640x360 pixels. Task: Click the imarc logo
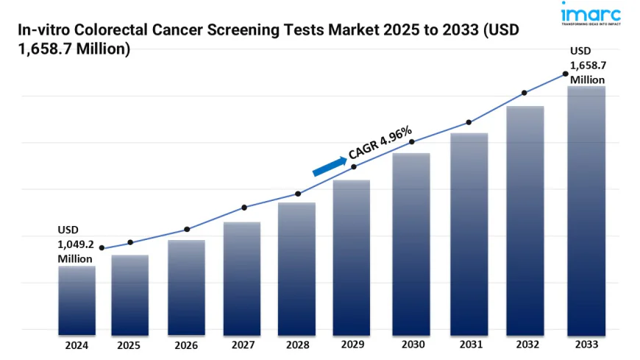click(590, 15)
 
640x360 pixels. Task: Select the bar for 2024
click(77, 298)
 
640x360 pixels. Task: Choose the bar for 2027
click(242, 276)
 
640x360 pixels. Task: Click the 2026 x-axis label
click(186, 344)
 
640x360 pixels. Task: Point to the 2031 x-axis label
click(469, 344)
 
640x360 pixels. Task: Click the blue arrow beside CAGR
click(329, 166)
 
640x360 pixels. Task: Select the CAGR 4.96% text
click(380, 141)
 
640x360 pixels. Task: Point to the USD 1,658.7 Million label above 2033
click(588, 66)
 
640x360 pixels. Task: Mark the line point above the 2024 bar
click(102, 248)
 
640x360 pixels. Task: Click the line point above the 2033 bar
click(565, 74)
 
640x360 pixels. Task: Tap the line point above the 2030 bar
click(412, 141)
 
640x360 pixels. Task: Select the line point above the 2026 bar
click(187, 229)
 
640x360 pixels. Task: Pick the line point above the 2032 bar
click(525, 93)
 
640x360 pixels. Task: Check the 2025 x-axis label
click(130, 344)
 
